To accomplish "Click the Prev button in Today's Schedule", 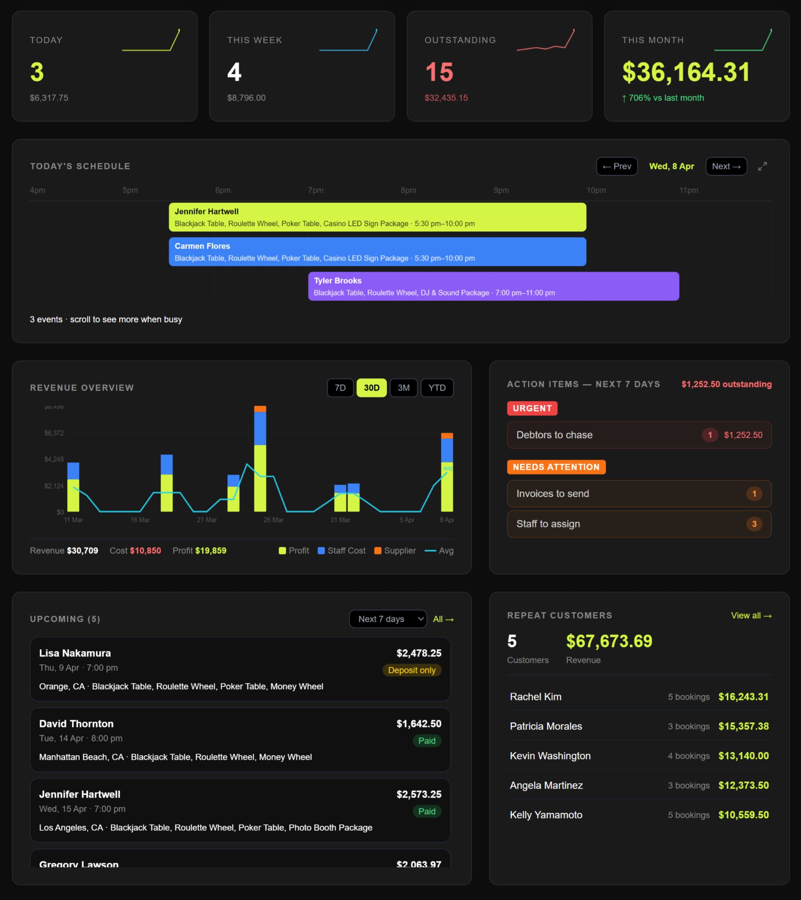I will coord(616,166).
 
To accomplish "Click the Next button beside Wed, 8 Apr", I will coord(726,166).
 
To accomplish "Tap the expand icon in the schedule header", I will coord(762,166).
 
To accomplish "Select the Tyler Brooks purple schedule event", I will coord(493,286).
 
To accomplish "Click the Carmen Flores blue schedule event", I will coord(377,252).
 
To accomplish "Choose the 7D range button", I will coord(340,388).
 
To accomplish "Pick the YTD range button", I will coord(436,388).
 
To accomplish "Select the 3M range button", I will coord(404,388).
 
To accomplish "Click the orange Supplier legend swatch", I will coord(378,551).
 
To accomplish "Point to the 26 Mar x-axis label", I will coord(273,520).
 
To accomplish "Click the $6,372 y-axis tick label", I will coord(54,433).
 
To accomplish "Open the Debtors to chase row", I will coord(639,435).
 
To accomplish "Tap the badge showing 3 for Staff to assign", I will coord(754,524).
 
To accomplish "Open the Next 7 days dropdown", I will coord(388,619).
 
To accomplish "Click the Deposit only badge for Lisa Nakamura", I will coord(412,670).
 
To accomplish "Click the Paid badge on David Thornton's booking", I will coord(427,741).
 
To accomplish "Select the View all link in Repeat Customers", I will coord(751,616).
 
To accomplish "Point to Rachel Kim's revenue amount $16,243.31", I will coord(743,697).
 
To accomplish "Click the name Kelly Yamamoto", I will coord(546,815).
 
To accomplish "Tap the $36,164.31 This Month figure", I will coord(686,72).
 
